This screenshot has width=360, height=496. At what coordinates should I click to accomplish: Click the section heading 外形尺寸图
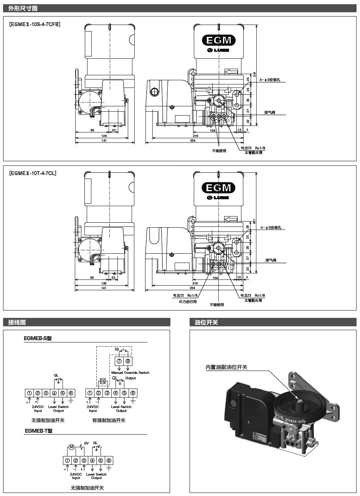23,8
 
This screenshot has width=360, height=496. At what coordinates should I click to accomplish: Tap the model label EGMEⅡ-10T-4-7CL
33,173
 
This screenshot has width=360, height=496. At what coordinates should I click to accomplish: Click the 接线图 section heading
17,322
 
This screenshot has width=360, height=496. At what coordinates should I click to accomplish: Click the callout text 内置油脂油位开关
226,367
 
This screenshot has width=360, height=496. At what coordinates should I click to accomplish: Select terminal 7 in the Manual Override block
119,361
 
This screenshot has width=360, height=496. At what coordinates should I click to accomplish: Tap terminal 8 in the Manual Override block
127,361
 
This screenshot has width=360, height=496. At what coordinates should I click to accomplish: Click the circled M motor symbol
71,447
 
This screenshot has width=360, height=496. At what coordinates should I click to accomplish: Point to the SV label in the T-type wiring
86,443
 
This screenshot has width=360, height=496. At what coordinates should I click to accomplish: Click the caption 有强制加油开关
109,420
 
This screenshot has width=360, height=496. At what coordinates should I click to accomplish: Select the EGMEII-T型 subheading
38,431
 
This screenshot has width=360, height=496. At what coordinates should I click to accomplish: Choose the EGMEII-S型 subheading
38,339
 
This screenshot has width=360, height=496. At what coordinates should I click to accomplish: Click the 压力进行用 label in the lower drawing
188,302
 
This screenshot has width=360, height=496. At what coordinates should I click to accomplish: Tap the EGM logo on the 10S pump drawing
219,40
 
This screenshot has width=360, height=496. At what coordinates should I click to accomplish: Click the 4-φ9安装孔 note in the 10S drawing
270,80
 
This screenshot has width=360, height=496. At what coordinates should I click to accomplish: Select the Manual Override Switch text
130,372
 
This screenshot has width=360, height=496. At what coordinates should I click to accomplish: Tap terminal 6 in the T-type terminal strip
109,460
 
